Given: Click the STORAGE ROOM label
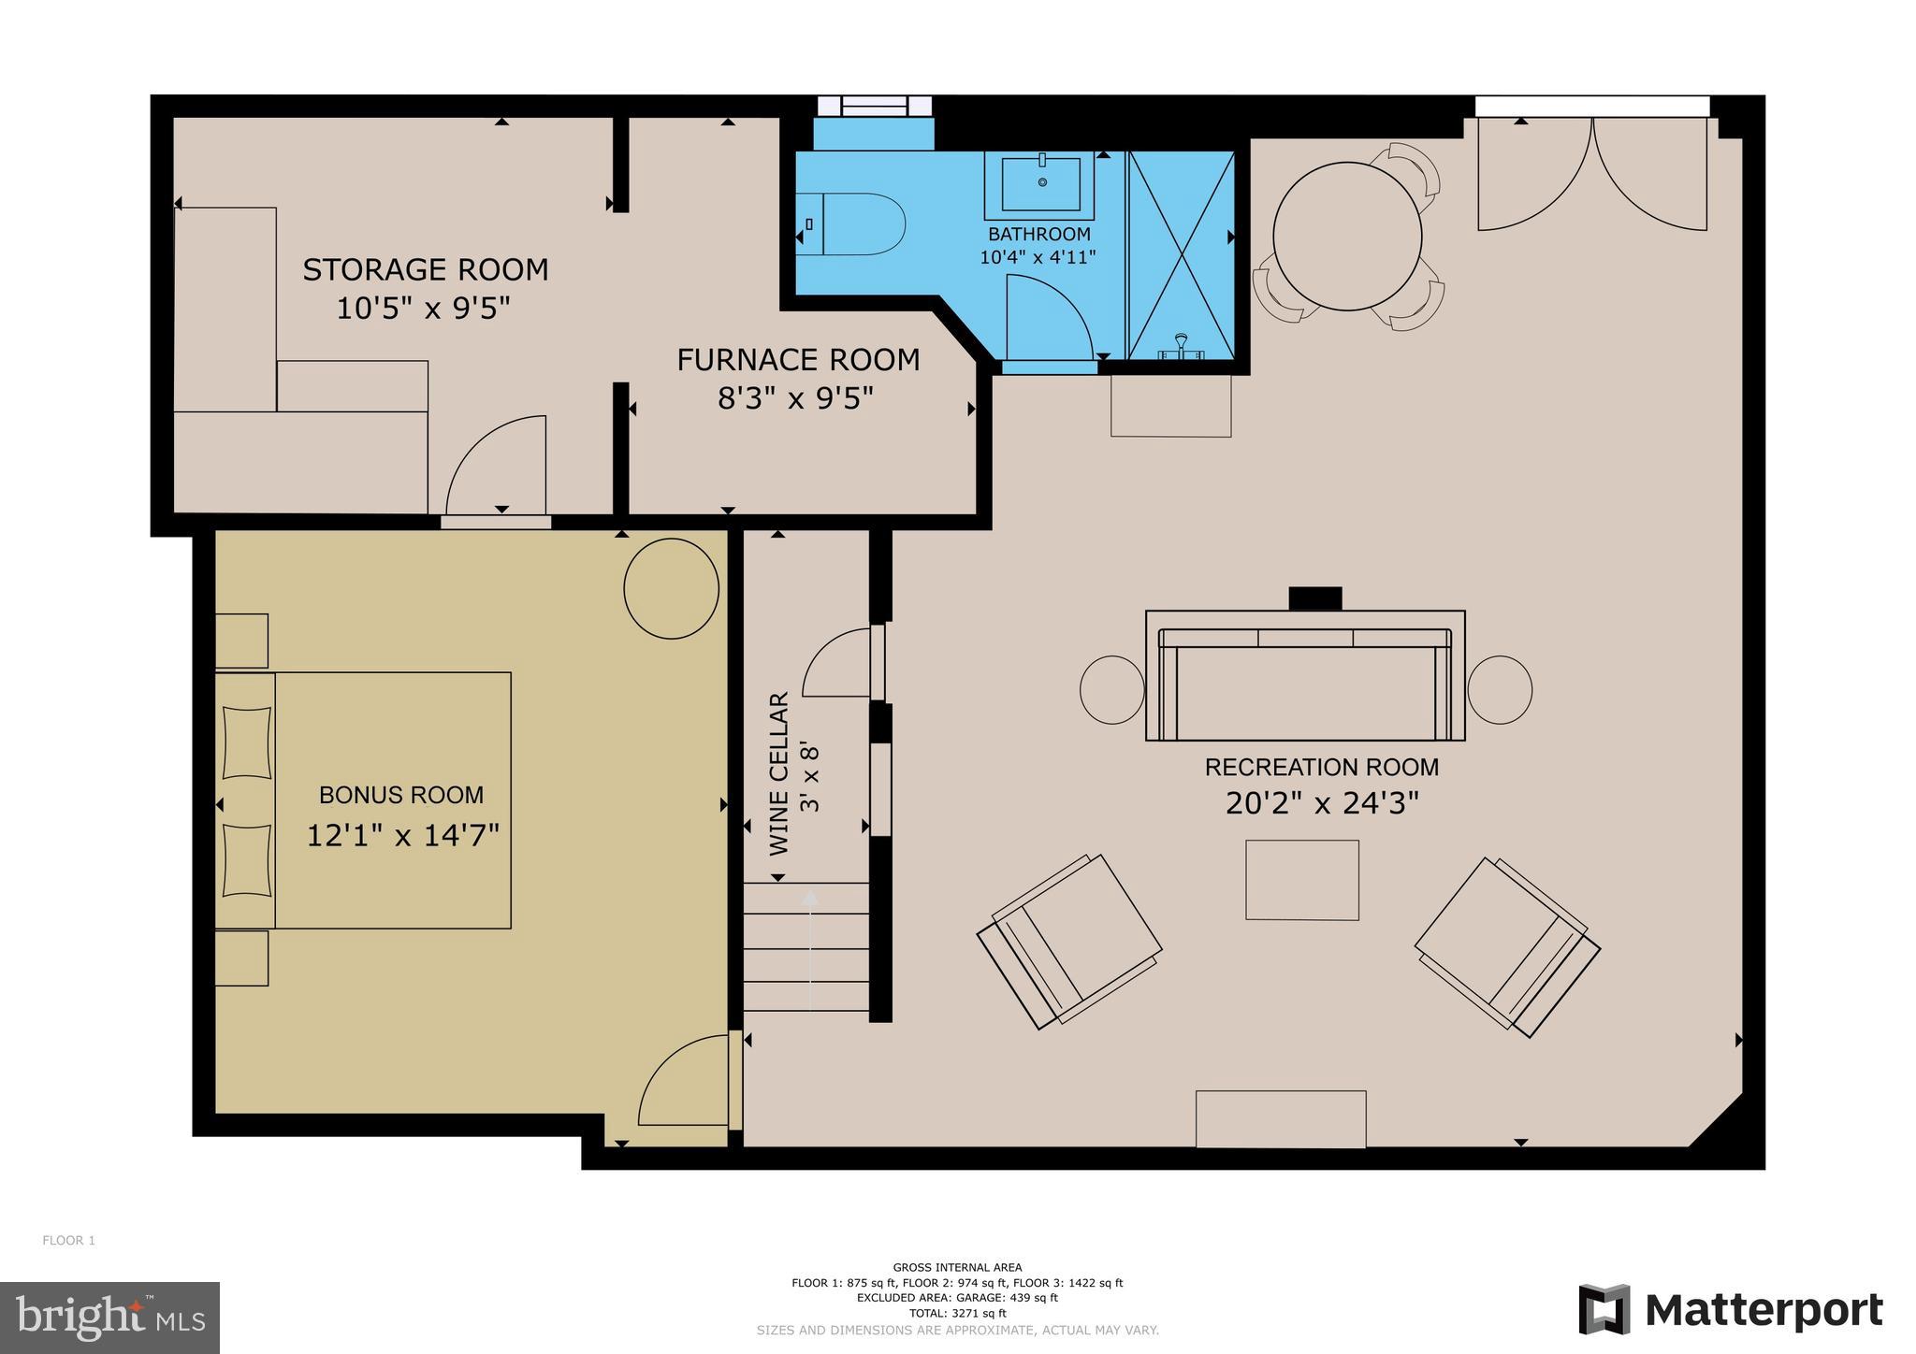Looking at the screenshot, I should (x=425, y=269).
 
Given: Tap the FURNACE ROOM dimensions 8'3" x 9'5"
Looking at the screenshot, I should (x=795, y=399).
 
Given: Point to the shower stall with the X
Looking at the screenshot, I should (x=1182, y=254).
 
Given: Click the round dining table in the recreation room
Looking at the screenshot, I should (x=1347, y=237).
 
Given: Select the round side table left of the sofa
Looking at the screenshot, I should (x=1111, y=689).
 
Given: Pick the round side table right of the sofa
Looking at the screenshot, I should (x=1500, y=689).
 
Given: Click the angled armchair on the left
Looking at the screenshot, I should (x=1069, y=942).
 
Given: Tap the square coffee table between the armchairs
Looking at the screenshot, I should (x=1301, y=880).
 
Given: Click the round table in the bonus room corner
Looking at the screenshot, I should (x=671, y=589).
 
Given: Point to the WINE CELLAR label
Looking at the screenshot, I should (x=779, y=773).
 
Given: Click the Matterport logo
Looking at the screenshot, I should (x=1730, y=1310).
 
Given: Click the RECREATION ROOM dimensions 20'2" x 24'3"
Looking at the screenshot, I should (x=1322, y=803).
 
